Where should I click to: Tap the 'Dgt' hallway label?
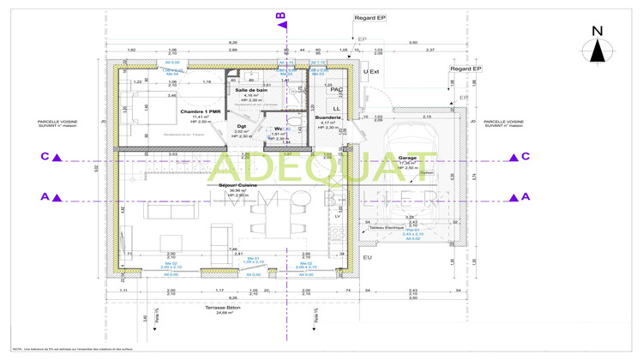pos(242,126)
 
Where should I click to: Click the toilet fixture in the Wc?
pos(291,129)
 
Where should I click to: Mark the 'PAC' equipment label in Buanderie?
pos(336,89)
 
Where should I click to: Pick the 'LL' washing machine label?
pos(336,109)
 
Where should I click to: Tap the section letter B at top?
pos(279,15)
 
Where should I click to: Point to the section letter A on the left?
pos(45,197)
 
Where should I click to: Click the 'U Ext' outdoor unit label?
pos(371,72)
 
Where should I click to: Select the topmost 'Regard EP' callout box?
pos(370,17)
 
